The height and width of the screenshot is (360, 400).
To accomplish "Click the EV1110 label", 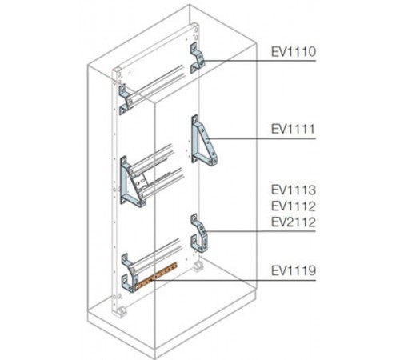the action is [294, 52].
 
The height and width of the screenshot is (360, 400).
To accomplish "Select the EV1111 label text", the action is [294, 129].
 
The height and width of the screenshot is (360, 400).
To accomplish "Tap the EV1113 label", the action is [294, 190].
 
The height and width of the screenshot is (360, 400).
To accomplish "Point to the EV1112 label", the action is [294, 206].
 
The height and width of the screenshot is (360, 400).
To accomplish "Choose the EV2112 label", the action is [294, 222].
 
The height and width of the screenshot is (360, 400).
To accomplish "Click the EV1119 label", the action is [294, 270].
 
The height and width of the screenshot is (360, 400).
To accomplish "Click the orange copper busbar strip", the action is [155, 276].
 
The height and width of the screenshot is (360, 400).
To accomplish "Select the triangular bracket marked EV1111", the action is [204, 140].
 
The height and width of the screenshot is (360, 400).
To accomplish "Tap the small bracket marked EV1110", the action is [197, 58].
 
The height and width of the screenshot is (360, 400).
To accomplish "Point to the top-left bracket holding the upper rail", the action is [126, 99].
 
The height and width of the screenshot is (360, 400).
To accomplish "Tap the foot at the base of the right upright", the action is [198, 266].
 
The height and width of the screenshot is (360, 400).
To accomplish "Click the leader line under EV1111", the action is [262, 138].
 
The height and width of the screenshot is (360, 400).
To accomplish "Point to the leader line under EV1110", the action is [259, 61].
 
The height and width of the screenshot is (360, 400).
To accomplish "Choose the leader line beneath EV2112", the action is [262, 231].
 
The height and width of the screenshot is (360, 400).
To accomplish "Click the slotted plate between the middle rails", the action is [141, 182].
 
